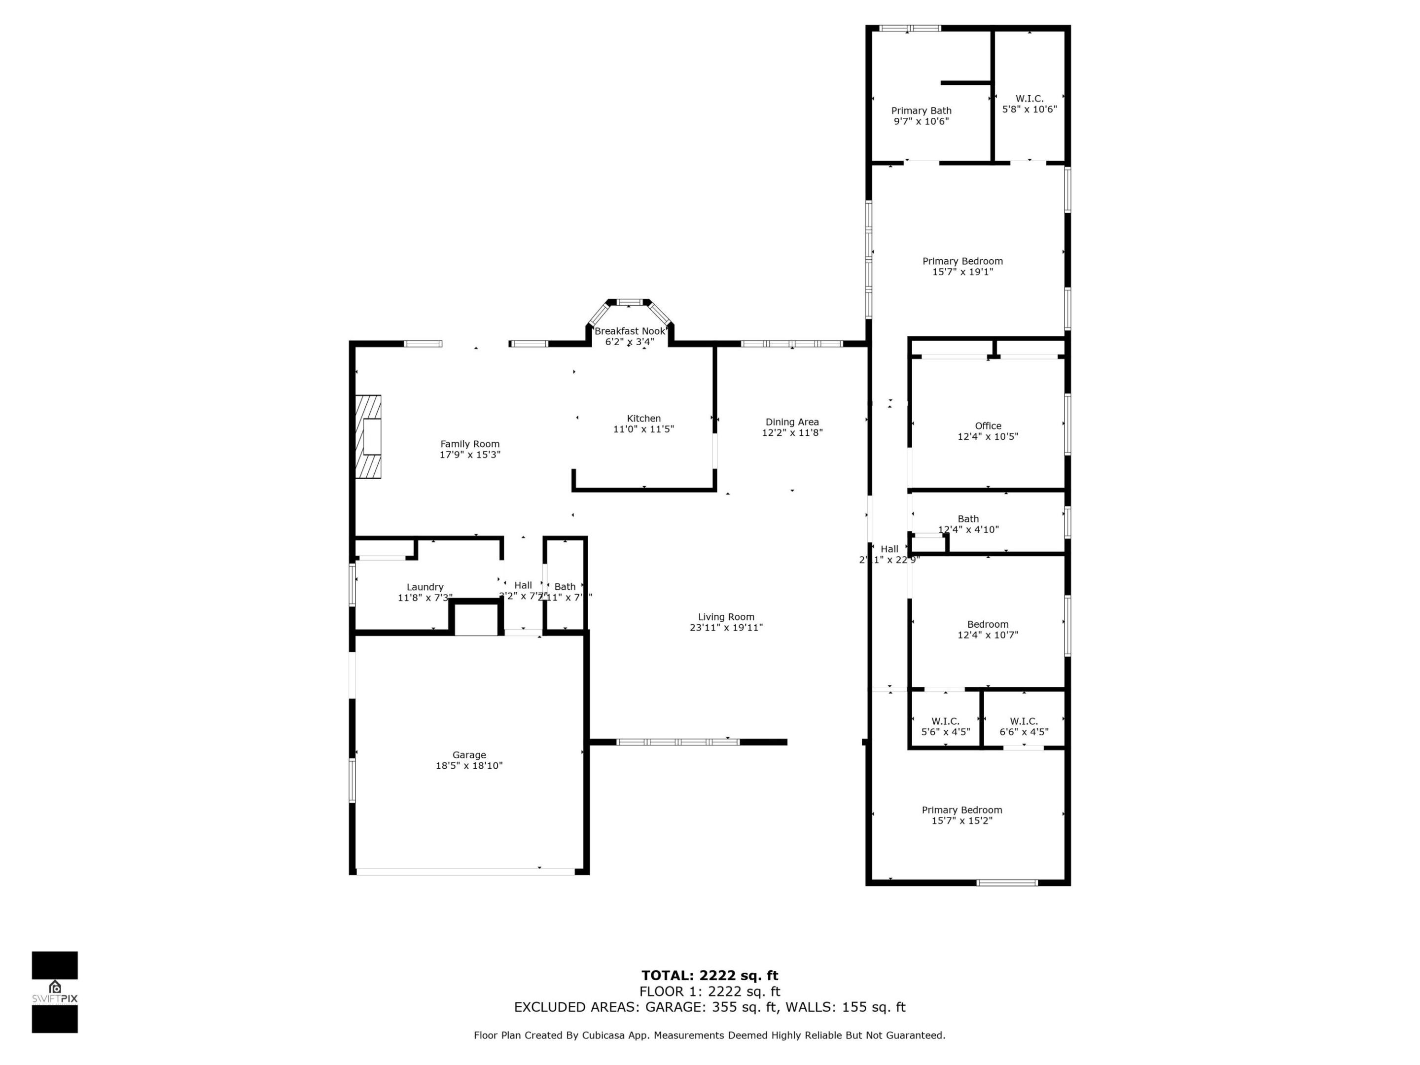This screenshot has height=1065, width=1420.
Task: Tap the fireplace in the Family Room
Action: coord(369,436)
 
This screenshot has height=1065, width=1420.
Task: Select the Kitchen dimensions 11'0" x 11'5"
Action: coord(643,429)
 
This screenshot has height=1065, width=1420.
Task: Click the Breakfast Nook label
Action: coord(629,331)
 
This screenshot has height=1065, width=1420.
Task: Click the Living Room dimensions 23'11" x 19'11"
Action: coord(726,628)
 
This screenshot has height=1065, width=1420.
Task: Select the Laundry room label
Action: coord(425,587)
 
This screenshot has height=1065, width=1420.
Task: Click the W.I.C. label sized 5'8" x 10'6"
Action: coord(1029,98)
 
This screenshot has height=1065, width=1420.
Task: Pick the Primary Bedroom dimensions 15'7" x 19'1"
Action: coord(962,272)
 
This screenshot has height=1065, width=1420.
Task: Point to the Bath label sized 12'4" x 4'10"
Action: coord(968,519)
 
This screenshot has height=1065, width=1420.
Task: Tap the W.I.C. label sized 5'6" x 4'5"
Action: coord(945,721)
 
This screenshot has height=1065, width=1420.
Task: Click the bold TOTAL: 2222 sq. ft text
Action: coord(710,976)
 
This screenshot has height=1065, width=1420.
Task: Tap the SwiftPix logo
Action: coord(55,992)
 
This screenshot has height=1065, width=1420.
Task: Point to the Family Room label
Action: coord(469,444)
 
